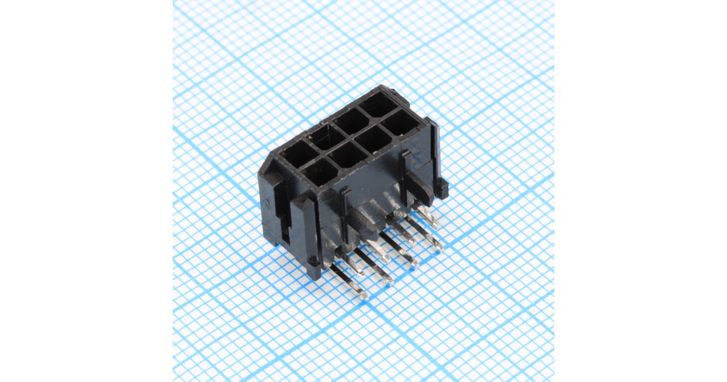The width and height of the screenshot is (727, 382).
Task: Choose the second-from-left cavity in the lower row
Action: (x=347, y=155)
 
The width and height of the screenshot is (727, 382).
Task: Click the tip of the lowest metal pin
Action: (x=362, y=295)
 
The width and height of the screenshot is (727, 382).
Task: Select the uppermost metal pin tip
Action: (x=433, y=223)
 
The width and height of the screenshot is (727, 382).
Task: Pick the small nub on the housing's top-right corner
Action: (x=394, y=92)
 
